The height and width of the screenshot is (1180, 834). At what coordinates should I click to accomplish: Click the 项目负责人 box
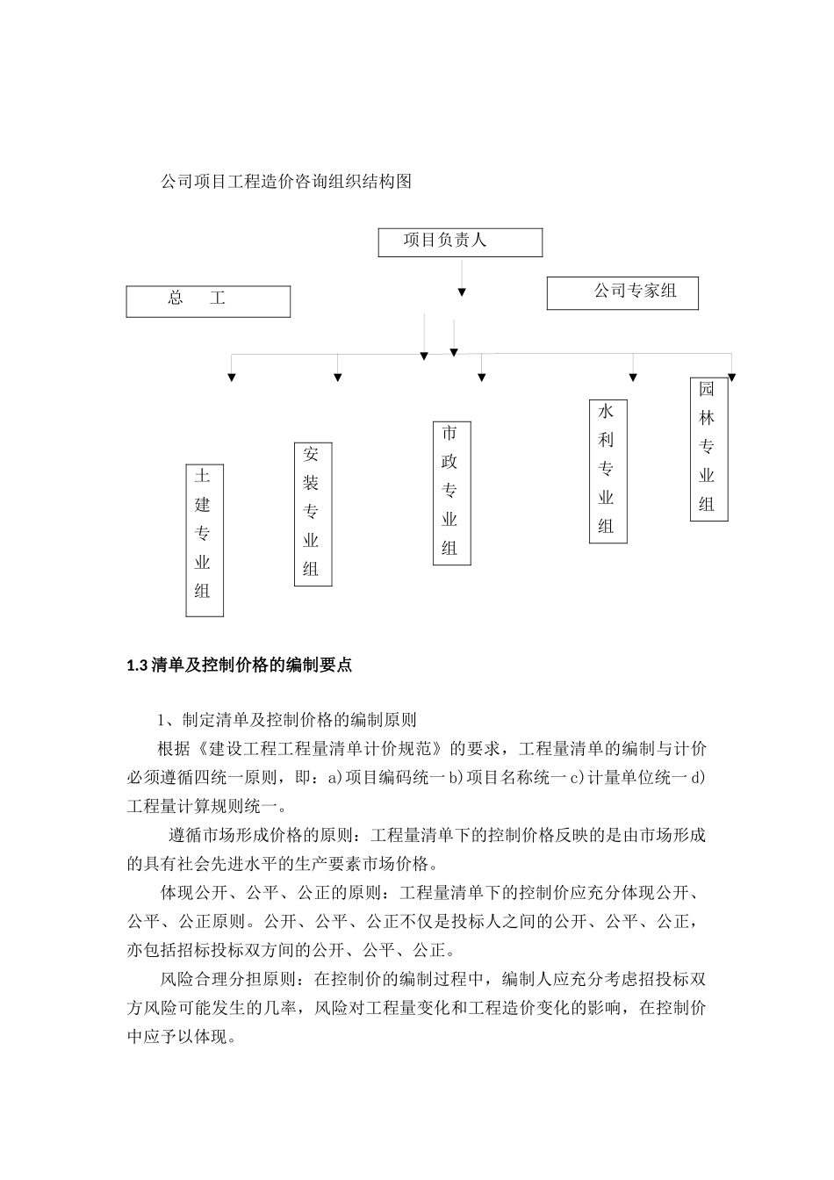pyautogui.click(x=460, y=242)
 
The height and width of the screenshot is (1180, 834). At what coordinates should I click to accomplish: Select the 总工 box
pyautogui.click(x=208, y=301)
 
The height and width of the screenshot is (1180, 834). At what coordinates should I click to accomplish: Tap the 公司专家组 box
pyautogui.click(x=622, y=293)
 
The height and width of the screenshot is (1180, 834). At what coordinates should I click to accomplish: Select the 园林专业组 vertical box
pyautogui.click(x=708, y=449)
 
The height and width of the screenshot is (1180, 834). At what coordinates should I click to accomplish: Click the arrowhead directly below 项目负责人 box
pyautogui.click(x=462, y=292)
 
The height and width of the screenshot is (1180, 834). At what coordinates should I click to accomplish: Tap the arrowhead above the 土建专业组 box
pyautogui.click(x=232, y=378)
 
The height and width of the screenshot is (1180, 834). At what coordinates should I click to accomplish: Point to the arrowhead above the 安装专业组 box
pyautogui.click(x=338, y=378)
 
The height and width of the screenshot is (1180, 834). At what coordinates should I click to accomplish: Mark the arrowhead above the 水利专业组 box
pyautogui.click(x=633, y=378)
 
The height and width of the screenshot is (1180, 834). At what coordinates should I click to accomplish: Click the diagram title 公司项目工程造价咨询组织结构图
pyautogui.click(x=286, y=183)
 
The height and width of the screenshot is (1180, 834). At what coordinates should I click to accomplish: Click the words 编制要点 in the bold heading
pyautogui.click(x=323, y=666)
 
